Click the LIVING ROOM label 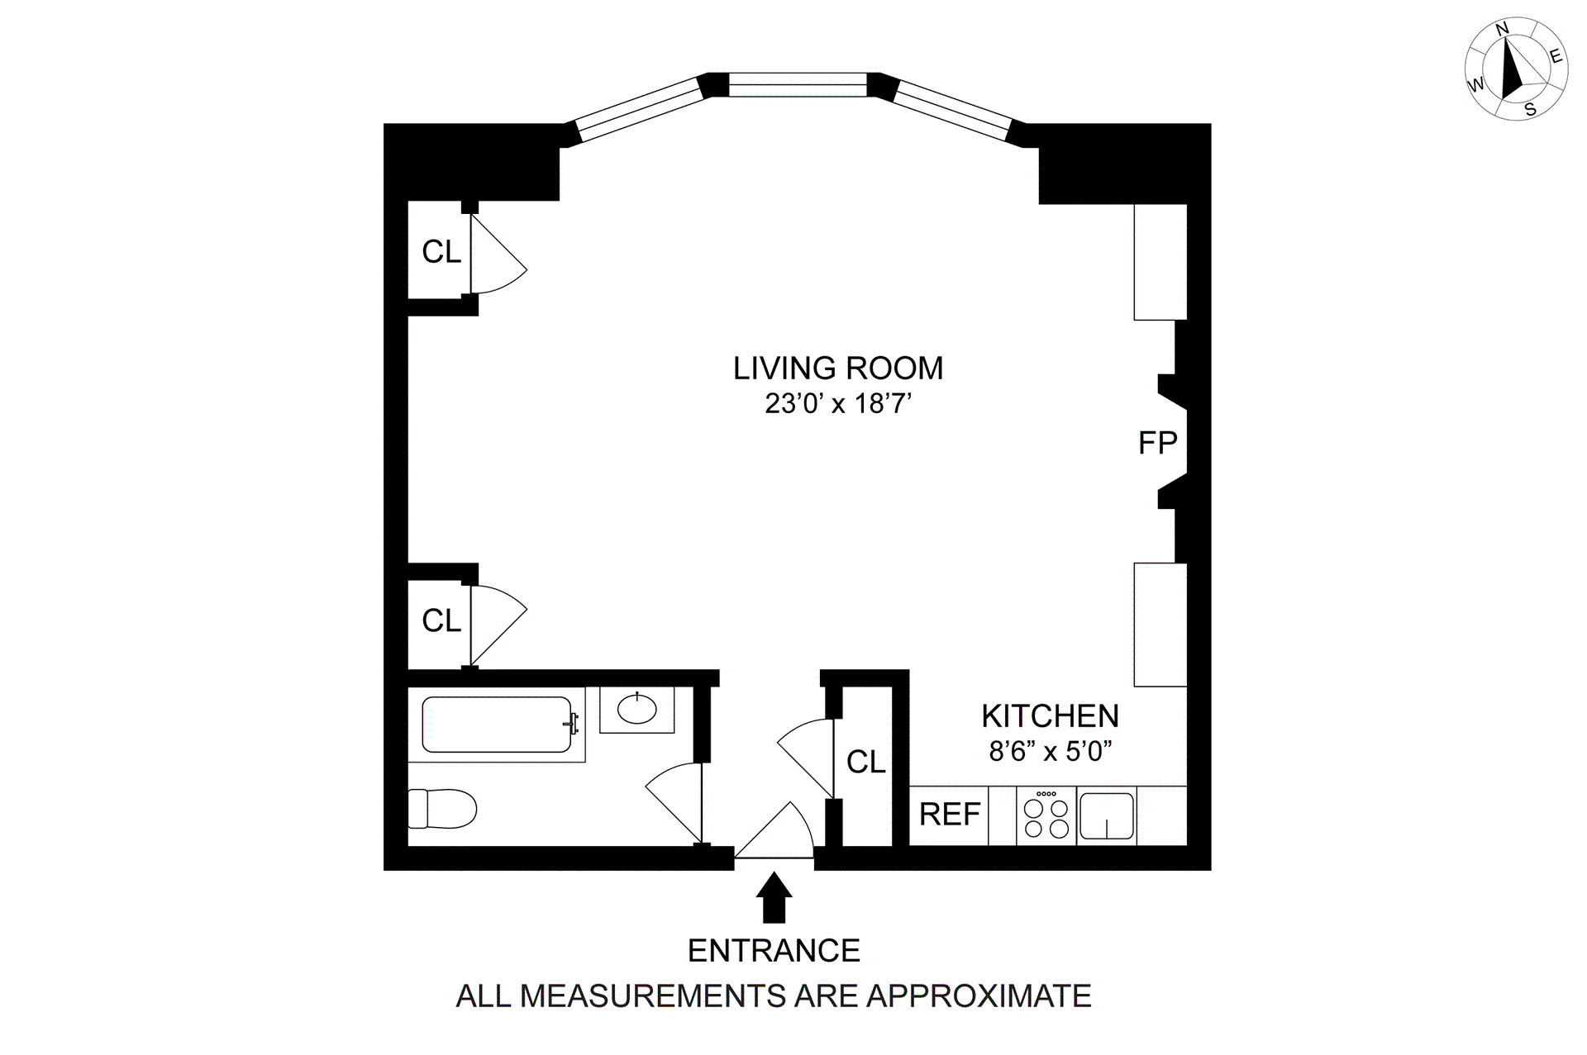pyautogui.click(x=838, y=368)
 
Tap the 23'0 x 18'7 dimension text pyautogui.click(x=838, y=404)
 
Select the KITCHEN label pyautogui.click(x=1050, y=715)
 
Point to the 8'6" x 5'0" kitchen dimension pyautogui.click(x=1050, y=752)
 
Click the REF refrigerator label pyautogui.click(x=950, y=815)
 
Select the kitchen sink pyautogui.click(x=1107, y=816)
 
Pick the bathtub pyautogui.click(x=497, y=725)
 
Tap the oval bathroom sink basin pyautogui.click(x=636, y=709)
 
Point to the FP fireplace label pyautogui.click(x=1157, y=444)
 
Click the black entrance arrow pyautogui.click(x=774, y=897)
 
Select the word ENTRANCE pyautogui.click(x=774, y=951)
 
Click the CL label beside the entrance pyautogui.click(x=865, y=762)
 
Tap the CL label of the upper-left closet pyautogui.click(x=441, y=252)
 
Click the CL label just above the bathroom pyautogui.click(x=441, y=620)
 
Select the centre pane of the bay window pyautogui.click(x=798, y=85)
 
